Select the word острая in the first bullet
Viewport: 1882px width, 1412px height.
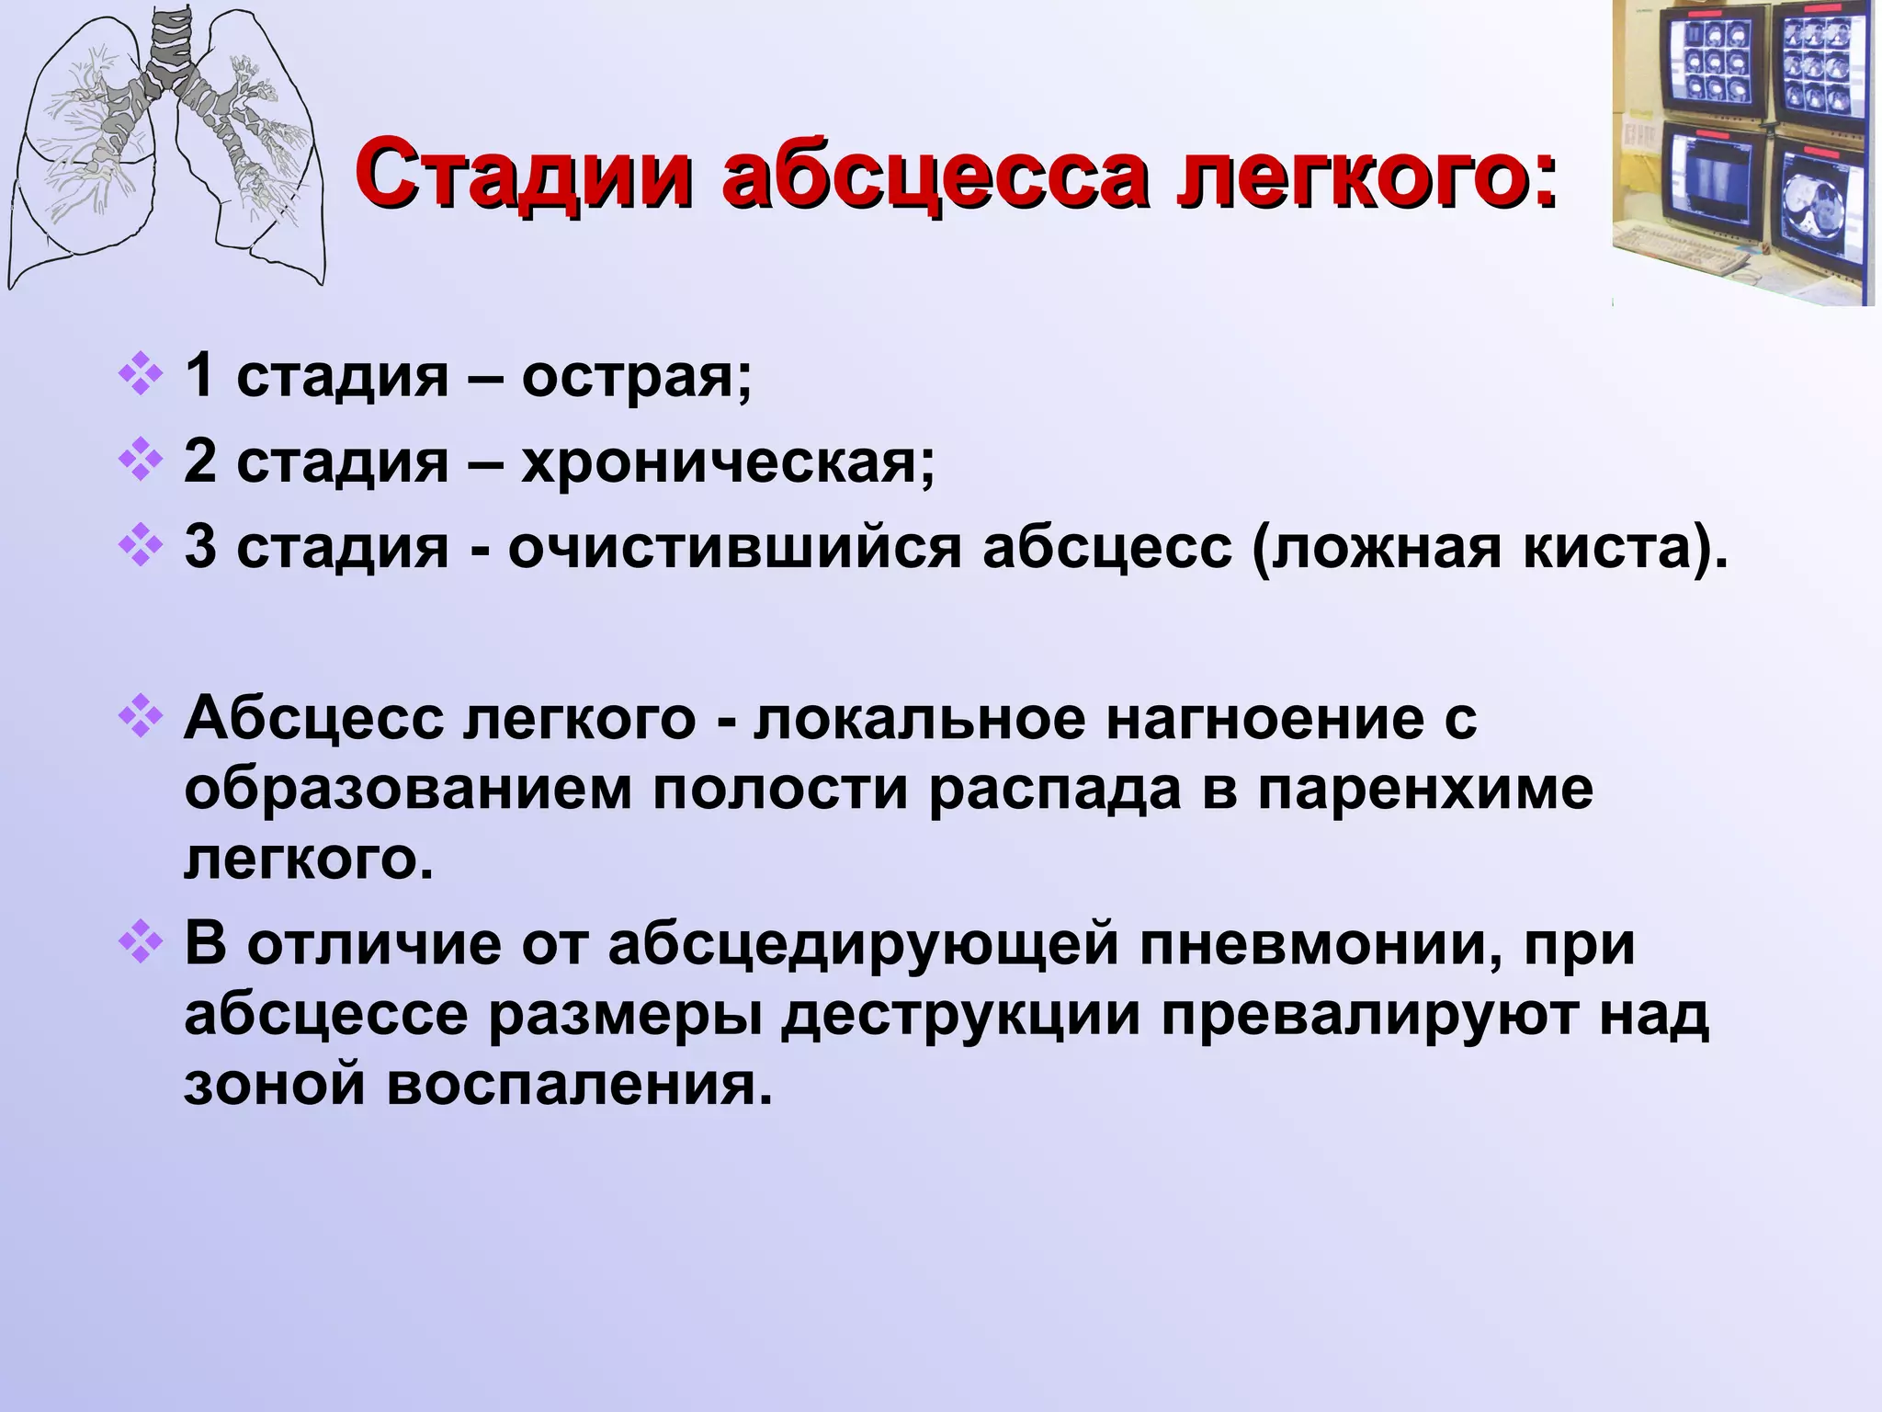pos(635,377)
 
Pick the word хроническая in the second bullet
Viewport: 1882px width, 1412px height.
pos(726,462)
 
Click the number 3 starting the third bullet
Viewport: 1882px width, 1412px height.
pos(200,547)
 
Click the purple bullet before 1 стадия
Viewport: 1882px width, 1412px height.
pos(141,376)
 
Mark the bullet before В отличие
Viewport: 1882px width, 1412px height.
pos(141,944)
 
